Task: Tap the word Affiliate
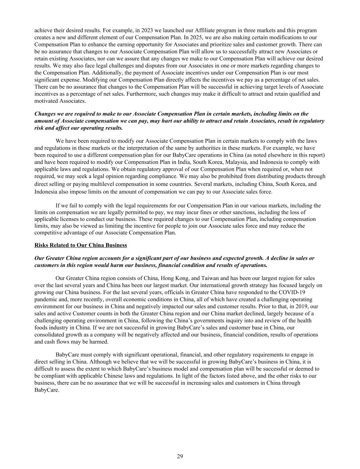tap(185, 30)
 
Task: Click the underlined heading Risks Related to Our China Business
tap(81, 245)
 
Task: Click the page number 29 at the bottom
tap(180, 456)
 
